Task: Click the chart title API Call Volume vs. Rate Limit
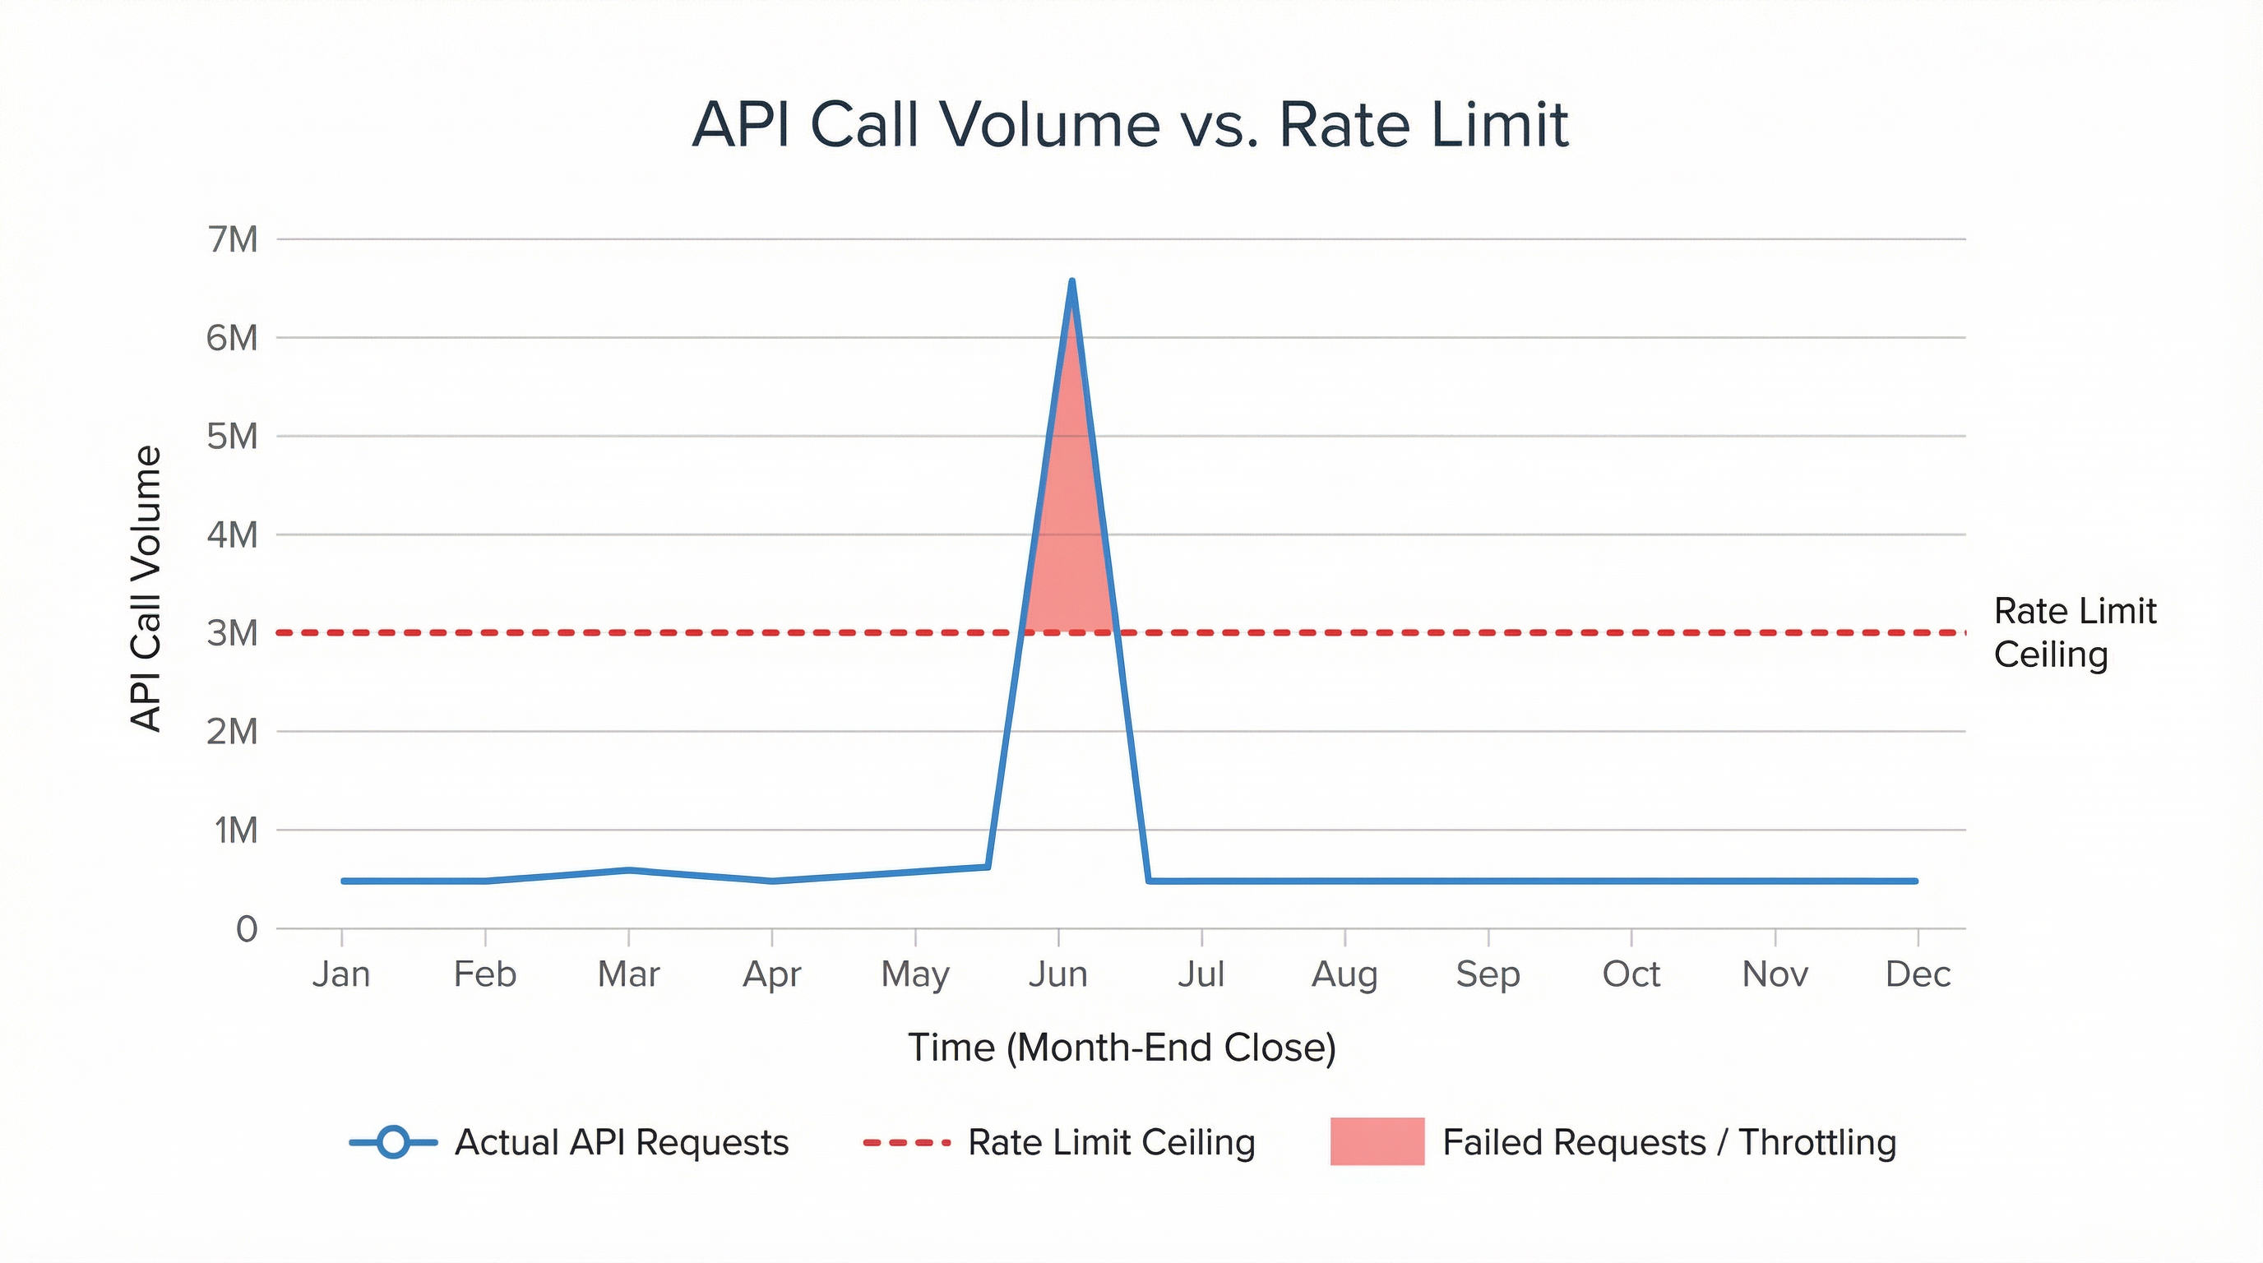[1130, 125]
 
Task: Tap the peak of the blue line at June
[1071, 282]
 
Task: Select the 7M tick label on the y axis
[233, 239]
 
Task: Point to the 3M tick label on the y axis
[233, 632]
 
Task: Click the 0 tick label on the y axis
[247, 928]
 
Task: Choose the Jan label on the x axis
[341, 974]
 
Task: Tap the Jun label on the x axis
[1057, 974]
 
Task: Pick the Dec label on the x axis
[1918, 974]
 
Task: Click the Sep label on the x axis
[1488, 974]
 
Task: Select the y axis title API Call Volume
[146, 589]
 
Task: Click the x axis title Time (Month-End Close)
[1122, 1047]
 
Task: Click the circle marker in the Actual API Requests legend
[394, 1142]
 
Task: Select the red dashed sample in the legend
[907, 1143]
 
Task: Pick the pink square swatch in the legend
[1377, 1142]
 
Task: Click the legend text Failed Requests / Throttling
[1669, 1143]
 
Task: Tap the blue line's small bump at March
[629, 871]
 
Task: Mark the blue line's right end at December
[1916, 880]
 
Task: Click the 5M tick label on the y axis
[233, 436]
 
